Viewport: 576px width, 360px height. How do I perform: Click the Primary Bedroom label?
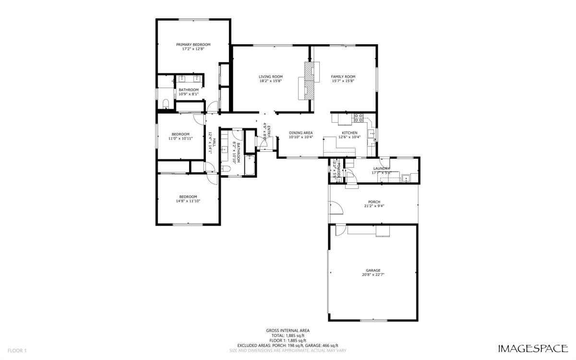pyautogui.click(x=193, y=45)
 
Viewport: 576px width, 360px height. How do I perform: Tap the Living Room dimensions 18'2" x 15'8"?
pyautogui.click(x=270, y=81)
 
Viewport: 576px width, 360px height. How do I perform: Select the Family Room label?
pyautogui.click(x=343, y=77)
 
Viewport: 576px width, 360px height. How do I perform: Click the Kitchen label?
pyautogui.click(x=349, y=133)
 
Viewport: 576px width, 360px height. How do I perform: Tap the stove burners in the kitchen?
pyautogui.click(x=358, y=117)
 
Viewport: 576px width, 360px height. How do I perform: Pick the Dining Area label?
pyautogui.click(x=301, y=133)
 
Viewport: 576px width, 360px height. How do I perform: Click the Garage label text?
pyautogui.click(x=373, y=270)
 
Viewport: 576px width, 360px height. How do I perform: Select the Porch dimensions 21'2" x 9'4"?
pyautogui.click(x=374, y=206)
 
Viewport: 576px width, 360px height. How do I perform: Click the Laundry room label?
pyautogui.click(x=381, y=168)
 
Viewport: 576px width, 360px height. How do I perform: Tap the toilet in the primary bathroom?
pyautogui.click(x=165, y=104)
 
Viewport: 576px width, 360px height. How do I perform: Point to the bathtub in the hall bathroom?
pyautogui.click(x=250, y=165)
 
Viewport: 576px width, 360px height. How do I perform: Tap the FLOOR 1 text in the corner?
pyautogui.click(x=17, y=350)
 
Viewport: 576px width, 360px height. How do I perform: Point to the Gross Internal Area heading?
pyautogui.click(x=288, y=330)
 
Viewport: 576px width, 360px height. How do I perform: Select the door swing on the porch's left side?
pyautogui.click(x=336, y=207)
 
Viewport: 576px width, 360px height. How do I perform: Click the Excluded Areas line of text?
pyautogui.click(x=288, y=345)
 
